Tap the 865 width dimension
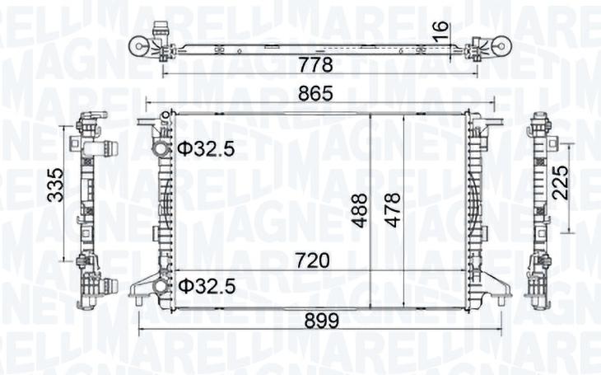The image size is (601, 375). pos(316,94)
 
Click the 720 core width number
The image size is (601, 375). pos(312,260)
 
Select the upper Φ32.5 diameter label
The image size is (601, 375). pos(207,149)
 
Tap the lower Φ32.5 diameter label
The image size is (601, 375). pos(207,286)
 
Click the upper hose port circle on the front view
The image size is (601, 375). pos(161,149)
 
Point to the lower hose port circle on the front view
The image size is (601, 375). pos(161,286)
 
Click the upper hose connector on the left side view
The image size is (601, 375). pos(105,150)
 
